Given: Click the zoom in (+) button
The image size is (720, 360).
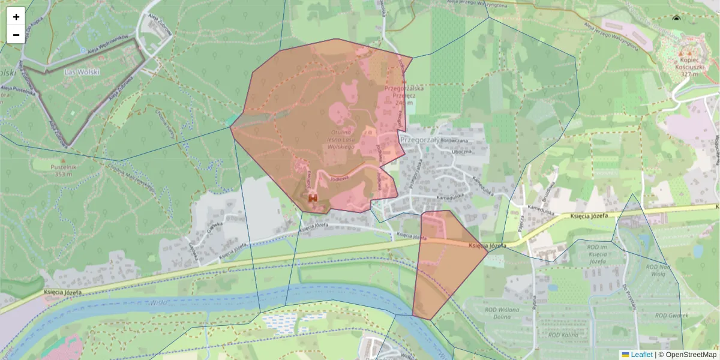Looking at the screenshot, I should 16,17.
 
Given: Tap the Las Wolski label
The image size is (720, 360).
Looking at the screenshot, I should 82,71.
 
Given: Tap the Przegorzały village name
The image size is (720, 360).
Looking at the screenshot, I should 419,138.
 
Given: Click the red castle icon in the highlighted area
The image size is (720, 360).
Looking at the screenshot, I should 312,197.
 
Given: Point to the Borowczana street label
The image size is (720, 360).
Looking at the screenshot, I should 454,140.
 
